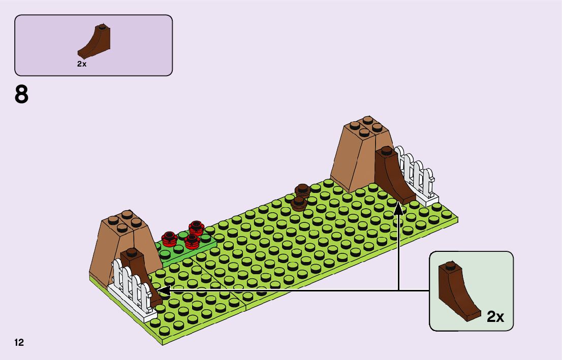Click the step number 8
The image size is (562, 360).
point(21,95)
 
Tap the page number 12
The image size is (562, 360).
point(19,343)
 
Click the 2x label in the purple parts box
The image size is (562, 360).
point(82,64)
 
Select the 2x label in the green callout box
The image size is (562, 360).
point(495,317)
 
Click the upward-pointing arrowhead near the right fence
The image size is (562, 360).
point(398,209)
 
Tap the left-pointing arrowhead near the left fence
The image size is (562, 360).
point(164,290)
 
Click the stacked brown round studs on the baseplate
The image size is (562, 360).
point(301,198)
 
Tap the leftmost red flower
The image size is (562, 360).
point(169,237)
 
